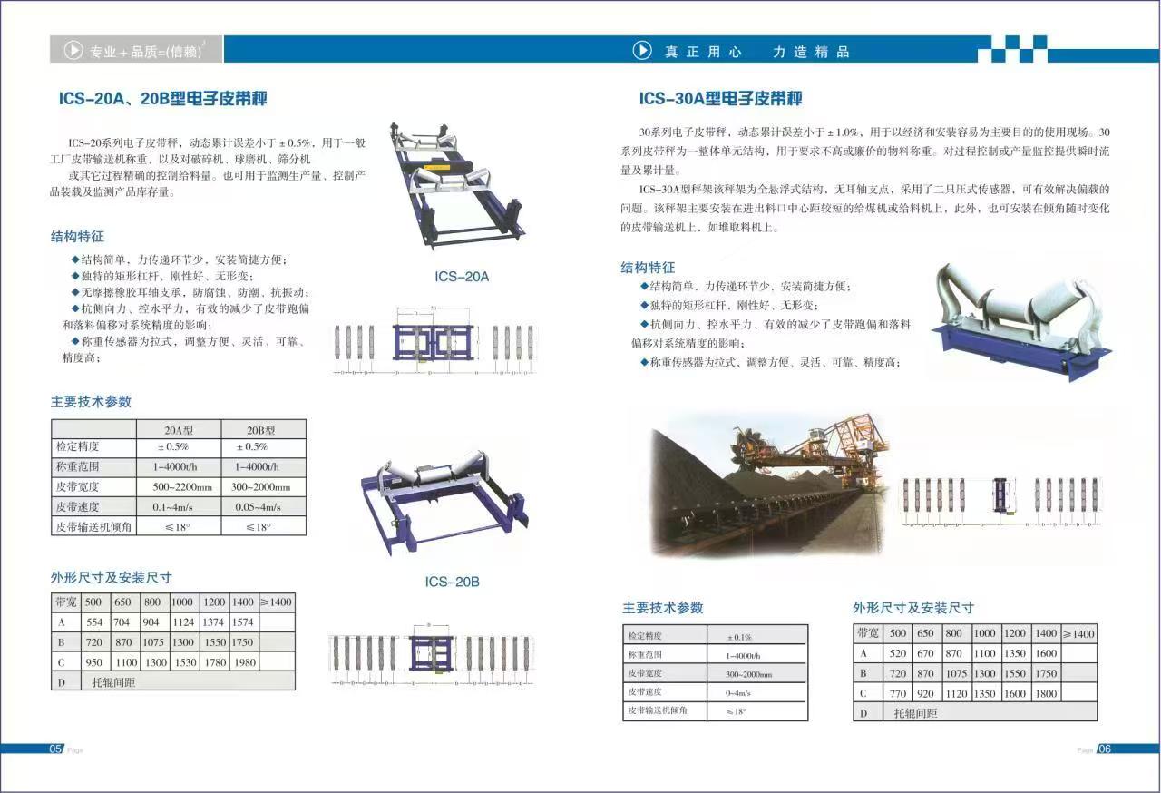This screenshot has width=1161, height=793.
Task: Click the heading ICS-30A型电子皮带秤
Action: pyautogui.click(x=720, y=99)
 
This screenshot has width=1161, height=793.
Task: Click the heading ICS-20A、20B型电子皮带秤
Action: pyautogui.click(x=162, y=99)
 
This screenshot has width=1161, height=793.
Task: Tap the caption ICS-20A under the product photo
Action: pyautogui.click(x=461, y=276)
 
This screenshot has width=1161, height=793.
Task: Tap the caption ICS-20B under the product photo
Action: pyautogui.click(x=452, y=582)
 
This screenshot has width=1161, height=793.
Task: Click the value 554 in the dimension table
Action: pyautogui.click(x=94, y=622)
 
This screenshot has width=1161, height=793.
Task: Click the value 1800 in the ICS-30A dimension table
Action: pyautogui.click(x=1045, y=693)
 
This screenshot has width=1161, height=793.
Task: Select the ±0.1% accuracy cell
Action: pyautogui.click(x=739, y=637)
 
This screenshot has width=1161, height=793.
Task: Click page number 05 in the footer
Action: pyautogui.click(x=56, y=749)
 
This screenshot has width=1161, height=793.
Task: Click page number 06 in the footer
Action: pyautogui.click(x=1104, y=749)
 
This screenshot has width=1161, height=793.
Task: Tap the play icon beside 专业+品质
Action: pyautogui.click(x=73, y=51)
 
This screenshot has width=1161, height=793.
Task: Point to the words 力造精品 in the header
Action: pyautogui.click(x=811, y=52)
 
